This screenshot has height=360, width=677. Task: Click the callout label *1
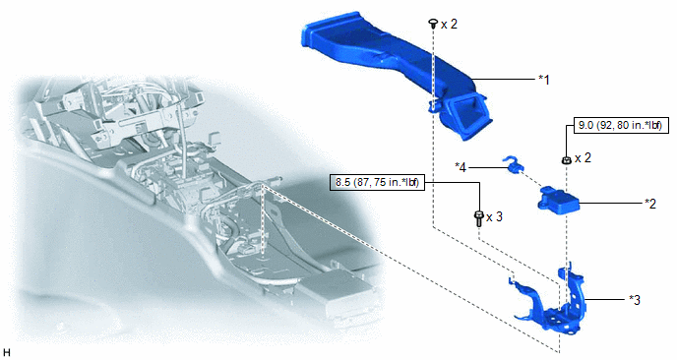tap(544, 80)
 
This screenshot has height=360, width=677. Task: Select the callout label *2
tap(650, 204)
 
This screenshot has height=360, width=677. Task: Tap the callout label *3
tap(635, 300)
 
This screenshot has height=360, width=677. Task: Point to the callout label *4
tap(461, 167)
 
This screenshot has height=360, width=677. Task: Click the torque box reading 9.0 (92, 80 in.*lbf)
tap(619, 126)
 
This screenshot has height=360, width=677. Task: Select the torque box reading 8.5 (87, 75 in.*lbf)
tap(378, 183)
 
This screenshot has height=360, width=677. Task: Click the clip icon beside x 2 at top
tap(432, 24)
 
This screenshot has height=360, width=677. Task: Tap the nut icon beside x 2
tap(567, 160)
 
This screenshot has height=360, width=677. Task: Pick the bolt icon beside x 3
tap(478, 218)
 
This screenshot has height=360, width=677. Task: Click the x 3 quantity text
tap(494, 216)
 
